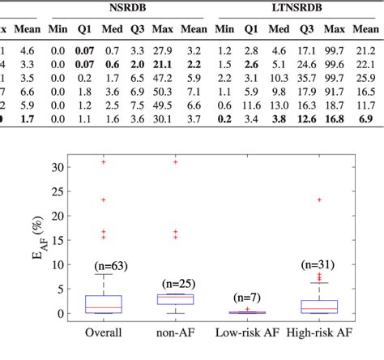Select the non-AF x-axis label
[170, 332]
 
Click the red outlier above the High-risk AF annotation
[321, 199]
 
